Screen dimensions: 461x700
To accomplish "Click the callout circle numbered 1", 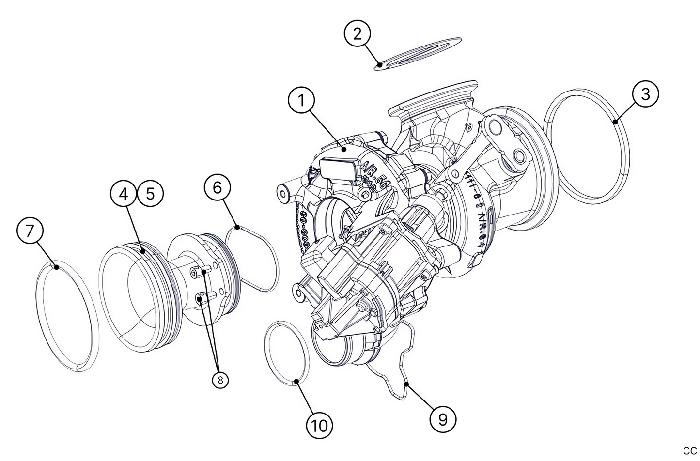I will coord(301,101).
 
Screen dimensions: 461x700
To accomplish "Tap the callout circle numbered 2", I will coord(357,34).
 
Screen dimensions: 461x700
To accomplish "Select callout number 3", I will coord(645,94).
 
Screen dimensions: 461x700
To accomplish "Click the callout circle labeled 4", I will coord(124,194).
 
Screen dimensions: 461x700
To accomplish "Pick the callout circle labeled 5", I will coord(150,194).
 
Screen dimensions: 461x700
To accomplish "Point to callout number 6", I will coord(217,187).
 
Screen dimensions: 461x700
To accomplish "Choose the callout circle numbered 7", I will coord(30,231).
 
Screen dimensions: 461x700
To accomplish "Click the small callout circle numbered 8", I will coord(220,380).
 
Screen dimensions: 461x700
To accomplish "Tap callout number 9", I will coord(443,419).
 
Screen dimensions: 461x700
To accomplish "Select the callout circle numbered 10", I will coord(320,426).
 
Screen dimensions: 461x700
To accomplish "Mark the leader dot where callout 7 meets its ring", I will coord(57,266).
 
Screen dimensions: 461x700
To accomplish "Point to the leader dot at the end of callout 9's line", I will coord(406,384).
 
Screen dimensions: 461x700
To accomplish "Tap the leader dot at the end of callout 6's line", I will coord(237,227).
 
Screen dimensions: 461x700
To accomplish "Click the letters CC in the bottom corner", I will coord(689,451).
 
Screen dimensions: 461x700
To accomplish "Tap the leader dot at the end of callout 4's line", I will coord(143,250).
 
